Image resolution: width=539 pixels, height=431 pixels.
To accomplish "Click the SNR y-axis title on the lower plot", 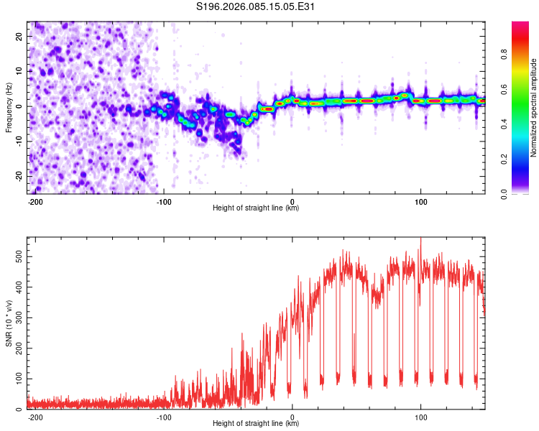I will click(x=9, y=321).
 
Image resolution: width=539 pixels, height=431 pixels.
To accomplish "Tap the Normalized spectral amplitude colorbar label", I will click(x=534, y=108).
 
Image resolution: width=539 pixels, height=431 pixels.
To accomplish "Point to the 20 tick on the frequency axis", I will click(x=19, y=36).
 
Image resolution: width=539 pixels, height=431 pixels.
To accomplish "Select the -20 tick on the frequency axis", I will click(x=18, y=176).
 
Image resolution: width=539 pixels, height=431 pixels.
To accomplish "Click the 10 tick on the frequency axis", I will click(x=19, y=71).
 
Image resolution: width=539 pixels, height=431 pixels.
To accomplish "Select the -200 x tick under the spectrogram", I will click(x=36, y=201).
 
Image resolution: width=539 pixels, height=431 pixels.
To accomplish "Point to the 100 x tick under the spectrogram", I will click(x=420, y=201).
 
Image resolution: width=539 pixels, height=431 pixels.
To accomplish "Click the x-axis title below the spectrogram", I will click(x=256, y=208).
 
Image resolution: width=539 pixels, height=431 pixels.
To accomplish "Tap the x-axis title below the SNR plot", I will click(x=256, y=424).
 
